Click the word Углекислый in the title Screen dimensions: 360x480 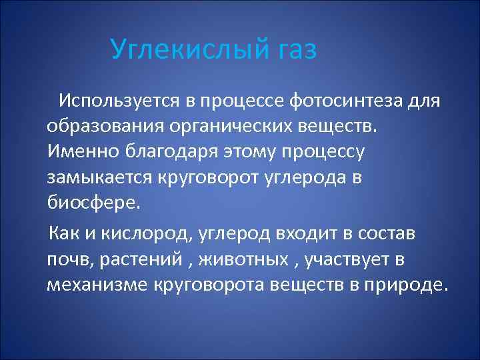click(189, 50)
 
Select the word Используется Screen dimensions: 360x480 click(121, 101)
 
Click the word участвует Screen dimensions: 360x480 click(345, 259)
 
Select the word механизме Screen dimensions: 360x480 click(97, 285)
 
